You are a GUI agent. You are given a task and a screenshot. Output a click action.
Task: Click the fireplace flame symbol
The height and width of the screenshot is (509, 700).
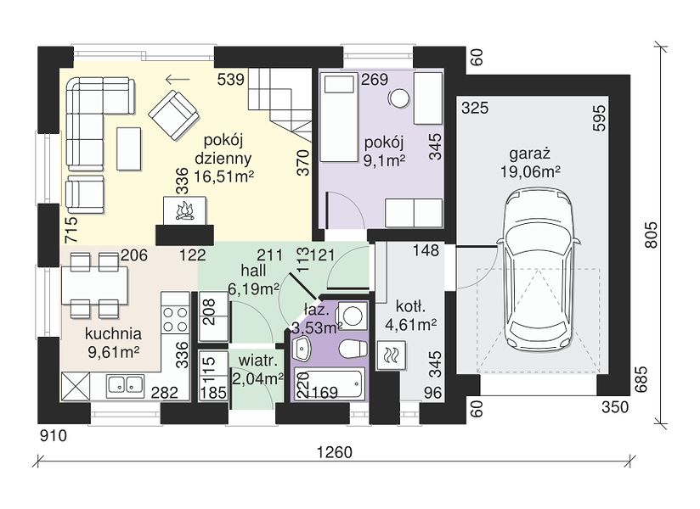[x=185, y=211]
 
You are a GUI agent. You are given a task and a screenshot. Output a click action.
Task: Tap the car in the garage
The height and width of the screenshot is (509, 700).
[x=539, y=271]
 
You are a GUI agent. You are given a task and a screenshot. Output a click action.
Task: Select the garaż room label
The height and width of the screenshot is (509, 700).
[x=530, y=154]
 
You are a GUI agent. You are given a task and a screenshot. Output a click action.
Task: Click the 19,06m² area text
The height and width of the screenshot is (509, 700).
[x=530, y=171]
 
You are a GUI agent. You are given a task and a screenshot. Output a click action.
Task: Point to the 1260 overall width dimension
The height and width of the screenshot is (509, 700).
[x=335, y=452]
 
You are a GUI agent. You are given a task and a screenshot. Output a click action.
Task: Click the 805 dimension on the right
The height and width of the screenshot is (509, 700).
[x=652, y=235]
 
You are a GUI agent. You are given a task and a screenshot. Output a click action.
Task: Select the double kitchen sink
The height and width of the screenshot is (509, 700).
[x=125, y=385]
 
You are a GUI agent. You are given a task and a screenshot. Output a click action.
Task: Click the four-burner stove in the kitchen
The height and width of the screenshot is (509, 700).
[x=175, y=320]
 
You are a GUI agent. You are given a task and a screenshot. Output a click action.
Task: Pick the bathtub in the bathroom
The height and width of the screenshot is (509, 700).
[x=330, y=383]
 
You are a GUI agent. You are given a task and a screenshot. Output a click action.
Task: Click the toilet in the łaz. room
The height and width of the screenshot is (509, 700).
[x=353, y=349]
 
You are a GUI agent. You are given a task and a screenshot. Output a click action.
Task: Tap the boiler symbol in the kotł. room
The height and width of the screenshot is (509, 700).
[x=392, y=355]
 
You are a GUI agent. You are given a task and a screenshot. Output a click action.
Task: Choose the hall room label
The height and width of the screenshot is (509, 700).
[x=253, y=270]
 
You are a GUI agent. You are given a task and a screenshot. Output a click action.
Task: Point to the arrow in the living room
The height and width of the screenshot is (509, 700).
[x=178, y=80]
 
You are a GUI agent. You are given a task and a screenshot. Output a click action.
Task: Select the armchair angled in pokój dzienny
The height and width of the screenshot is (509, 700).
[x=173, y=115]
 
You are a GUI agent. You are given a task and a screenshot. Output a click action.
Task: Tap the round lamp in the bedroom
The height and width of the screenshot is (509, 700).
[x=398, y=98]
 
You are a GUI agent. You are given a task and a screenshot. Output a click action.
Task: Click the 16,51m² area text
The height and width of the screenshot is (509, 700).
[x=223, y=176]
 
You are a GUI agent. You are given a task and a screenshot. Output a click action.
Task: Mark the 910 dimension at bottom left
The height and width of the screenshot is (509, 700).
[x=54, y=435]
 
